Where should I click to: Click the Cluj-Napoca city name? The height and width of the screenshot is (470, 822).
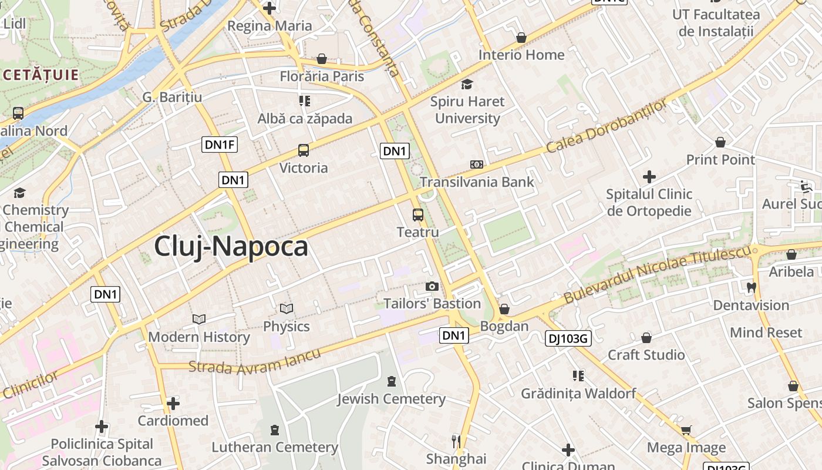(231, 247)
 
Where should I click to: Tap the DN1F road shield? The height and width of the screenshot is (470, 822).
(220, 144)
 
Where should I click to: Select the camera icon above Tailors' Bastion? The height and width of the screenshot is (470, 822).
(432, 286)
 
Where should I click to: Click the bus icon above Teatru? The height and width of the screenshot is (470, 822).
(418, 214)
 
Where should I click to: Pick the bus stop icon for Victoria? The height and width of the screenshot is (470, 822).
(304, 150)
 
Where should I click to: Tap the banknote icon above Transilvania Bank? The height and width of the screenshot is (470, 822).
(477, 164)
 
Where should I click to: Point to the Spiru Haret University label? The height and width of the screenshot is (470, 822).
(467, 110)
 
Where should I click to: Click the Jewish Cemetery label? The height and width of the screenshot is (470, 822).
(391, 399)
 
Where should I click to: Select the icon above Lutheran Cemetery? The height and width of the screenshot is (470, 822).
(275, 430)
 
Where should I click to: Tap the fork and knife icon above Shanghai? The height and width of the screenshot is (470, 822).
(456, 441)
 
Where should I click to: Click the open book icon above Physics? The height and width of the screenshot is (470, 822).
(287, 308)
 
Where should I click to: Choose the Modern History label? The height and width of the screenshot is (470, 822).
(199, 337)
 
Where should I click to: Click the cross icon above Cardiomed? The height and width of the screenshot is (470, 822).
(173, 404)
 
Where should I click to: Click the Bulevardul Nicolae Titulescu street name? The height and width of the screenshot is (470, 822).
(658, 275)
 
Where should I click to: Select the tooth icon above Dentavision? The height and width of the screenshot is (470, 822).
(751, 288)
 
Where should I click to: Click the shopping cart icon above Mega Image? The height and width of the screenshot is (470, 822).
(686, 430)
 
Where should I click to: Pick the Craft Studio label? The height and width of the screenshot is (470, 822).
(646, 355)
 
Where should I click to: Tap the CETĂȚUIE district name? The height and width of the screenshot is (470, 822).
(40, 75)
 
